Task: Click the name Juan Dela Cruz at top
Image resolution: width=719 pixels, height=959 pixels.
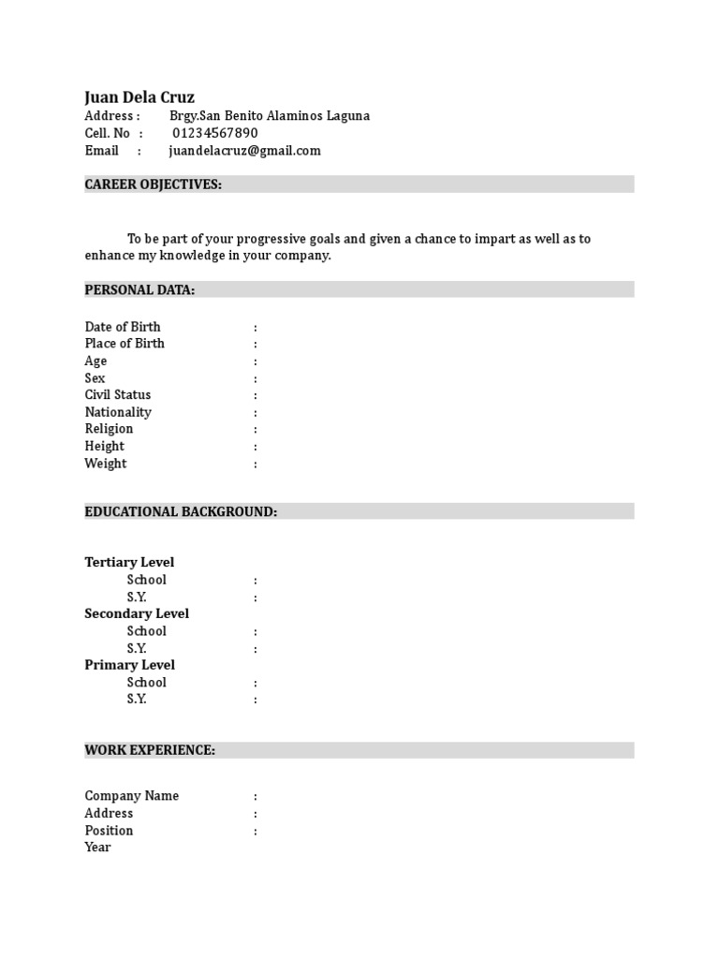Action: click(x=139, y=97)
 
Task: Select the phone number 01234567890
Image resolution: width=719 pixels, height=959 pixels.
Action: click(x=214, y=133)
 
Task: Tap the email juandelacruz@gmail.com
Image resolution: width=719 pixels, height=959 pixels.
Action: click(x=244, y=151)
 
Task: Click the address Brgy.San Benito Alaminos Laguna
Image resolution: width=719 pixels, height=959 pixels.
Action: click(x=269, y=116)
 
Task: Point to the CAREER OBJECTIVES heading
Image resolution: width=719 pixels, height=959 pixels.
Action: click(x=153, y=184)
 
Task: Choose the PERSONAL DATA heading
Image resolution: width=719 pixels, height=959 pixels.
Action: click(x=139, y=290)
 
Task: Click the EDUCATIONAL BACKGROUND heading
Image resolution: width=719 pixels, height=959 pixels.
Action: click(x=181, y=511)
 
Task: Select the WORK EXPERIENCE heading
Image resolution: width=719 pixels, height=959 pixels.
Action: click(x=150, y=750)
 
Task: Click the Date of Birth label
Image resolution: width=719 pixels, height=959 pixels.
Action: click(x=123, y=327)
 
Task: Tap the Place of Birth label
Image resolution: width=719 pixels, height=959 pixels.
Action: click(x=125, y=344)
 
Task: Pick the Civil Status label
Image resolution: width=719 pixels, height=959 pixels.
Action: click(x=118, y=395)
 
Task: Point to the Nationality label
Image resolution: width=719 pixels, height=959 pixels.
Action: click(x=118, y=412)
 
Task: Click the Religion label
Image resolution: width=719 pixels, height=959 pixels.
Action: click(x=109, y=429)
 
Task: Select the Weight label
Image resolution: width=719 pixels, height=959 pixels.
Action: click(x=106, y=464)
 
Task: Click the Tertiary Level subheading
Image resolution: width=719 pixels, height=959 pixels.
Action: click(x=129, y=563)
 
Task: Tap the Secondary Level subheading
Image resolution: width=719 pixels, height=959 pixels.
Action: click(x=137, y=614)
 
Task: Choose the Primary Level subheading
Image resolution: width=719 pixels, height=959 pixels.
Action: click(x=130, y=665)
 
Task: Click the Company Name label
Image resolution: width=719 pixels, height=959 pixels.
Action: click(x=132, y=796)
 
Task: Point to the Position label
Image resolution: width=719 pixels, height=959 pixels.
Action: click(x=109, y=831)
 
